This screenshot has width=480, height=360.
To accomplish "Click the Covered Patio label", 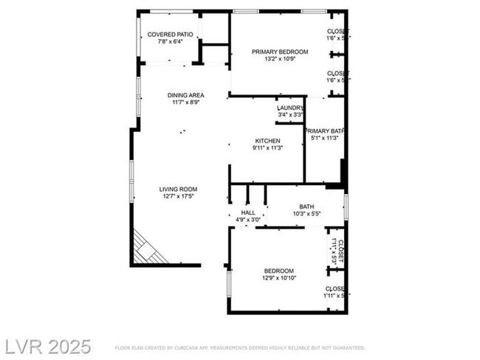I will (x=170, y=35).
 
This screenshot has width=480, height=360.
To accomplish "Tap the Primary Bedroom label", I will (x=280, y=52).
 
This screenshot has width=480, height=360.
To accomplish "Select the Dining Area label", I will (x=185, y=95).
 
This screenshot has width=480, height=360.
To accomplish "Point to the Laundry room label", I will (x=290, y=108).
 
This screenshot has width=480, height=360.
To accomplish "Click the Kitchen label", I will (x=267, y=141).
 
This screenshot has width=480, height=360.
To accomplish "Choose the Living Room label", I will (x=178, y=189).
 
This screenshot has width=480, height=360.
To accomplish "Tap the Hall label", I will (x=247, y=212).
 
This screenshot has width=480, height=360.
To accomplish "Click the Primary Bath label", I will (x=325, y=130).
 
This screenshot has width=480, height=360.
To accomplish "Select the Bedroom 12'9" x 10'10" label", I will (x=279, y=271).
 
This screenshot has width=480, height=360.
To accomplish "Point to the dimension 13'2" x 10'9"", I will (x=280, y=59).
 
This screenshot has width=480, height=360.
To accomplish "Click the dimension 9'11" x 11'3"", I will (x=267, y=148).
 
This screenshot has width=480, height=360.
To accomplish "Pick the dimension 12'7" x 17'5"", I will (x=178, y=196).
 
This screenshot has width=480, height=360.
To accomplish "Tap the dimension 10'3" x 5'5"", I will (x=306, y=214).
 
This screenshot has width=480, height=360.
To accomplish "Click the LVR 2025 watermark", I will (x=49, y=345).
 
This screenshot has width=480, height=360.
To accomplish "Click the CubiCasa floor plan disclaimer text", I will (x=239, y=347).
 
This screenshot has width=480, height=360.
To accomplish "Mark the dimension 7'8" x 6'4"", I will (x=170, y=41).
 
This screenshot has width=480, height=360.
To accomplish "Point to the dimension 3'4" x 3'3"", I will (x=290, y=115).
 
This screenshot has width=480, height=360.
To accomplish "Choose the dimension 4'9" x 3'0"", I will (x=247, y=220).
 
